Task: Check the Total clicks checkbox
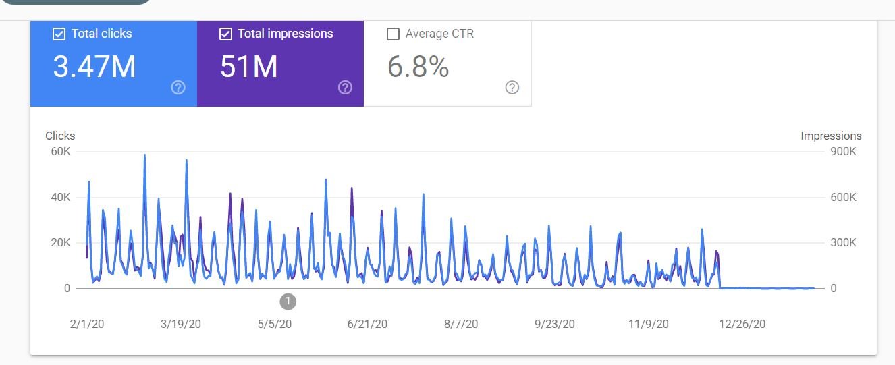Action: (59, 34)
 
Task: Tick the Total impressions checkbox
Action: (226, 34)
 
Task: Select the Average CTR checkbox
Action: (393, 34)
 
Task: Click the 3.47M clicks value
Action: (94, 67)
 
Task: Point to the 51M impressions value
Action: (249, 67)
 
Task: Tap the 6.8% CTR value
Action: (418, 67)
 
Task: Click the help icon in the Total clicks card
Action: (178, 87)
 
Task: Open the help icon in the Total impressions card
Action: (345, 87)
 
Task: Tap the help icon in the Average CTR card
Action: (512, 87)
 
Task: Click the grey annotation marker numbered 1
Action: (288, 301)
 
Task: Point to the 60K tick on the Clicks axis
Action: (61, 152)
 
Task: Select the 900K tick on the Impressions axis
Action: (843, 152)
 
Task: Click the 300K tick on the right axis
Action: (843, 243)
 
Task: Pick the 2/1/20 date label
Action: (87, 324)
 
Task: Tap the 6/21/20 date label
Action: (367, 324)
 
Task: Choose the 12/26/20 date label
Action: (742, 324)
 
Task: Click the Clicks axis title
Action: (60, 136)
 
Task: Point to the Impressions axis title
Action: (831, 136)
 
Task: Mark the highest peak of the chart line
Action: (144, 155)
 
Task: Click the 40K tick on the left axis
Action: (61, 198)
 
